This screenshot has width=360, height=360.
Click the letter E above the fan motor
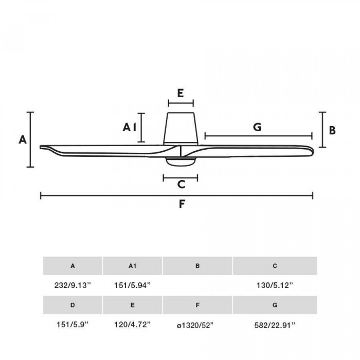tap(181, 93)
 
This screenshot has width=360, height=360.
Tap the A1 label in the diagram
tap(130, 127)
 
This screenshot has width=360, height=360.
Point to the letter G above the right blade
tap(257, 127)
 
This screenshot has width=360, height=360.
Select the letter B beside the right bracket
tap(332, 130)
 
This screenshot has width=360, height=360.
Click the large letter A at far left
tap(23, 139)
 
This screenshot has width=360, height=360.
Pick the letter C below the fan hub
tap(181, 184)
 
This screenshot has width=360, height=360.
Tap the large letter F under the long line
tap(182, 204)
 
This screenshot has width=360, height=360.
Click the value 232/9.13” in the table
tap(73, 285)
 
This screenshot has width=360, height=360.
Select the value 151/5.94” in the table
tap(133, 285)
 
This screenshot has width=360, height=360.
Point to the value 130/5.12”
tap(275, 285)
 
